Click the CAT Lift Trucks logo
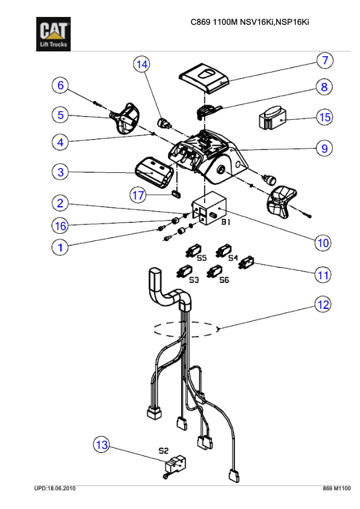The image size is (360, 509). [53, 34]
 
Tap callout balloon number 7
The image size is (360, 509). [325, 60]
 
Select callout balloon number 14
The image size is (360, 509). [142, 64]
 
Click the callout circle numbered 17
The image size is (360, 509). [138, 195]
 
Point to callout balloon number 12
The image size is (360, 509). [323, 305]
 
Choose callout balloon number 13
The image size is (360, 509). [101, 445]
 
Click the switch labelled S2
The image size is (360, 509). [175, 467]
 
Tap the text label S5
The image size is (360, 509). [202, 258]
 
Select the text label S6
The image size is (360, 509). [224, 279]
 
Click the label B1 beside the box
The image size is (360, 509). [226, 222]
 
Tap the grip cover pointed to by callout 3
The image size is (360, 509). [154, 173]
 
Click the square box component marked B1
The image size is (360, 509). [209, 208]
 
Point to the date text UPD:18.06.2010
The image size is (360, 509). [55, 488]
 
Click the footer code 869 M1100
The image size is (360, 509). [336, 488]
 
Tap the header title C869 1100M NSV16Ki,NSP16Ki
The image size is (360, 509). [249, 22]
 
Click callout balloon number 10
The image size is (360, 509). [323, 242]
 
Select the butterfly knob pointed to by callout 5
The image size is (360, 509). [126, 118]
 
